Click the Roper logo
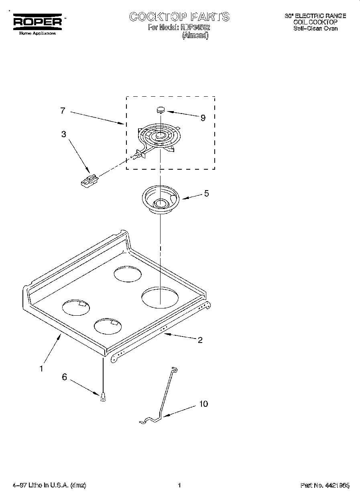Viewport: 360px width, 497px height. click(38, 22)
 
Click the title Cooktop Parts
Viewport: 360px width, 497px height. click(179, 16)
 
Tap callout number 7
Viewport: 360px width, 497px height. click(63, 111)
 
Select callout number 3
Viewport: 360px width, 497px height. click(63, 134)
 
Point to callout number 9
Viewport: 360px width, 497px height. click(203, 118)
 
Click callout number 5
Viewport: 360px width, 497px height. click(206, 193)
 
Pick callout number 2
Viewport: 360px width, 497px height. click(200, 340)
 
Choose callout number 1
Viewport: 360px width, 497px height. click(41, 368)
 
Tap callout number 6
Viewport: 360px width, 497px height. click(64, 377)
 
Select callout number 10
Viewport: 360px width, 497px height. click(203, 404)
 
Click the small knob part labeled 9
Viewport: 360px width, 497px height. click(161, 109)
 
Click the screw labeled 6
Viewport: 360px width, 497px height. click(103, 396)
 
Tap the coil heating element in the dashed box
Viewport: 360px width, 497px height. click(159, 137)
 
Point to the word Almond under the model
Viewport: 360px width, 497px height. click(195, 35)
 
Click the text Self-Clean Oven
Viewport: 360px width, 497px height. click(315, 28)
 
